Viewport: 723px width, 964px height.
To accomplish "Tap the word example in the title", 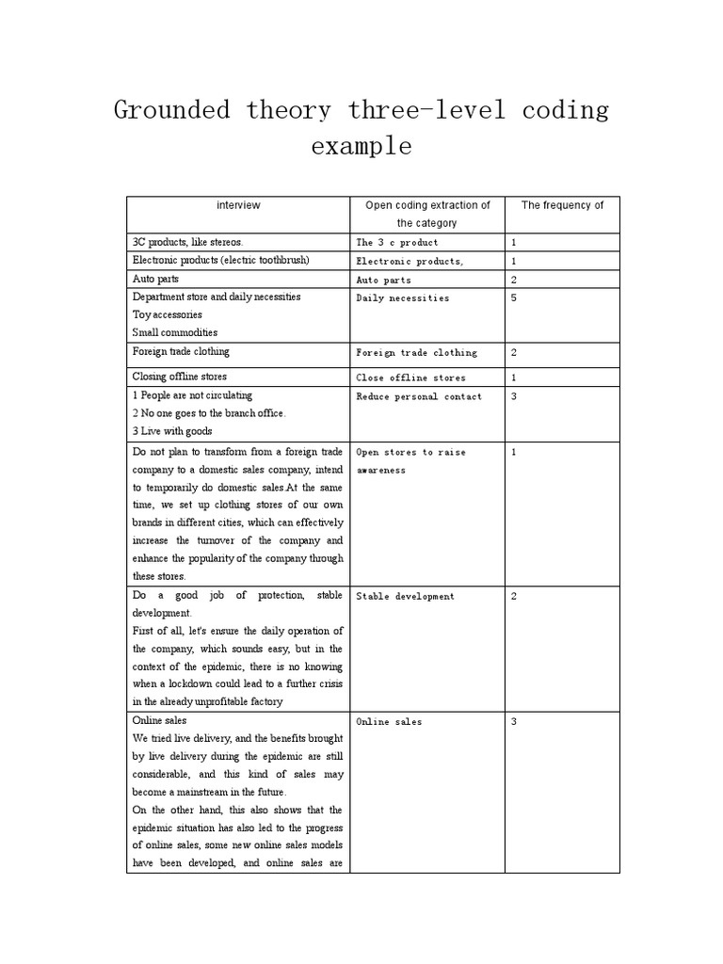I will (361, 147).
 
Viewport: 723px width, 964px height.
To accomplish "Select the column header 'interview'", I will (238, 205).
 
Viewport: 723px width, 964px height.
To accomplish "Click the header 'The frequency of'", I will (562, 205).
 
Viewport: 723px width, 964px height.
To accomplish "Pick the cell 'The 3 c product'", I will (396, 243).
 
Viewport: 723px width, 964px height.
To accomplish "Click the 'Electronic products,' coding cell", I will (410, 262).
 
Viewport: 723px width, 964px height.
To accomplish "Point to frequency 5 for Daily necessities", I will (514, 298).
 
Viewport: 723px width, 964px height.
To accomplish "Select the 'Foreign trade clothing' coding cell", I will (416, 353).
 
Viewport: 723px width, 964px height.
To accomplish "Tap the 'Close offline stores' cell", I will (410, 378).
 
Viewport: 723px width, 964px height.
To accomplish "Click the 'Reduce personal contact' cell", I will (419, 397).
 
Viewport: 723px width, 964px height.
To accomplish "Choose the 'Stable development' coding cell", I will (405, 597).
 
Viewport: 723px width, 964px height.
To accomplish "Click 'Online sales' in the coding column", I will (389, 722).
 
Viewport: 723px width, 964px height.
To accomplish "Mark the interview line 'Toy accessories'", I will (168, 314).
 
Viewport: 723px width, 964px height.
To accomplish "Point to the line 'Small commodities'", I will (175, 332).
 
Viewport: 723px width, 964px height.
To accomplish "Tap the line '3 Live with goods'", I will (172, 431).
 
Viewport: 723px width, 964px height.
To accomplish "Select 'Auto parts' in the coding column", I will (383, 281).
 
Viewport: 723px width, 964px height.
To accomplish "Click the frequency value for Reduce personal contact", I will (514, 397).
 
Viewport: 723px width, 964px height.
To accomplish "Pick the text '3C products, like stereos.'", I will (188, 242).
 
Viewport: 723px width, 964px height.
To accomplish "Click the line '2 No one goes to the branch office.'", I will (209, 413).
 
